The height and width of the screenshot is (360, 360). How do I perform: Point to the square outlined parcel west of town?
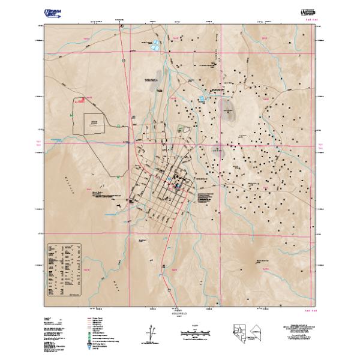point(95,124)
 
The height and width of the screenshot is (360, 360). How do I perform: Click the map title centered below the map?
point(181,312)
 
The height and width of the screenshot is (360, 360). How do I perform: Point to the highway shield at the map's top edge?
point(122,27)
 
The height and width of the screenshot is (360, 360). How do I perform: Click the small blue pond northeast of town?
point(202,97)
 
